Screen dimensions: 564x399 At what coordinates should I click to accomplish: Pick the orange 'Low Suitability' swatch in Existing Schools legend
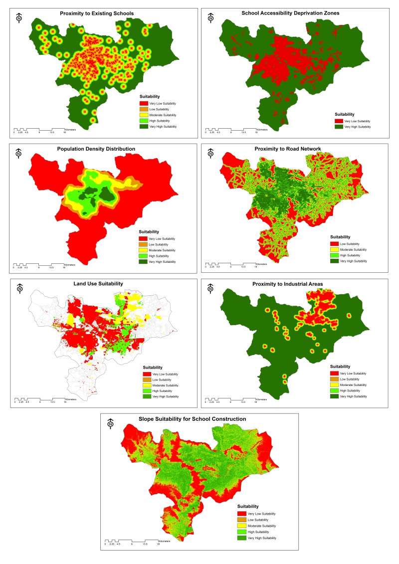(143, 109)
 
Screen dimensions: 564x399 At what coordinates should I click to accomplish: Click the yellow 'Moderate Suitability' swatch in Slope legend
(242, 526)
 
